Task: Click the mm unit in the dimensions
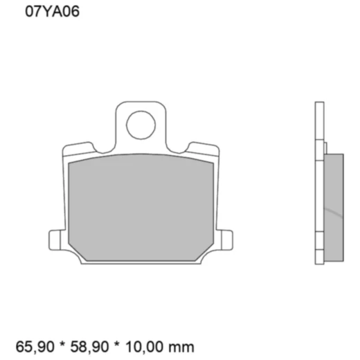tap(184, 345)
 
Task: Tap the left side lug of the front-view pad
tap(55, 237)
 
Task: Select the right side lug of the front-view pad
tap(225, 237)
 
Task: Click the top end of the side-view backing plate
tap(319, 106)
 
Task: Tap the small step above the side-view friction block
tap(325, 147)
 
